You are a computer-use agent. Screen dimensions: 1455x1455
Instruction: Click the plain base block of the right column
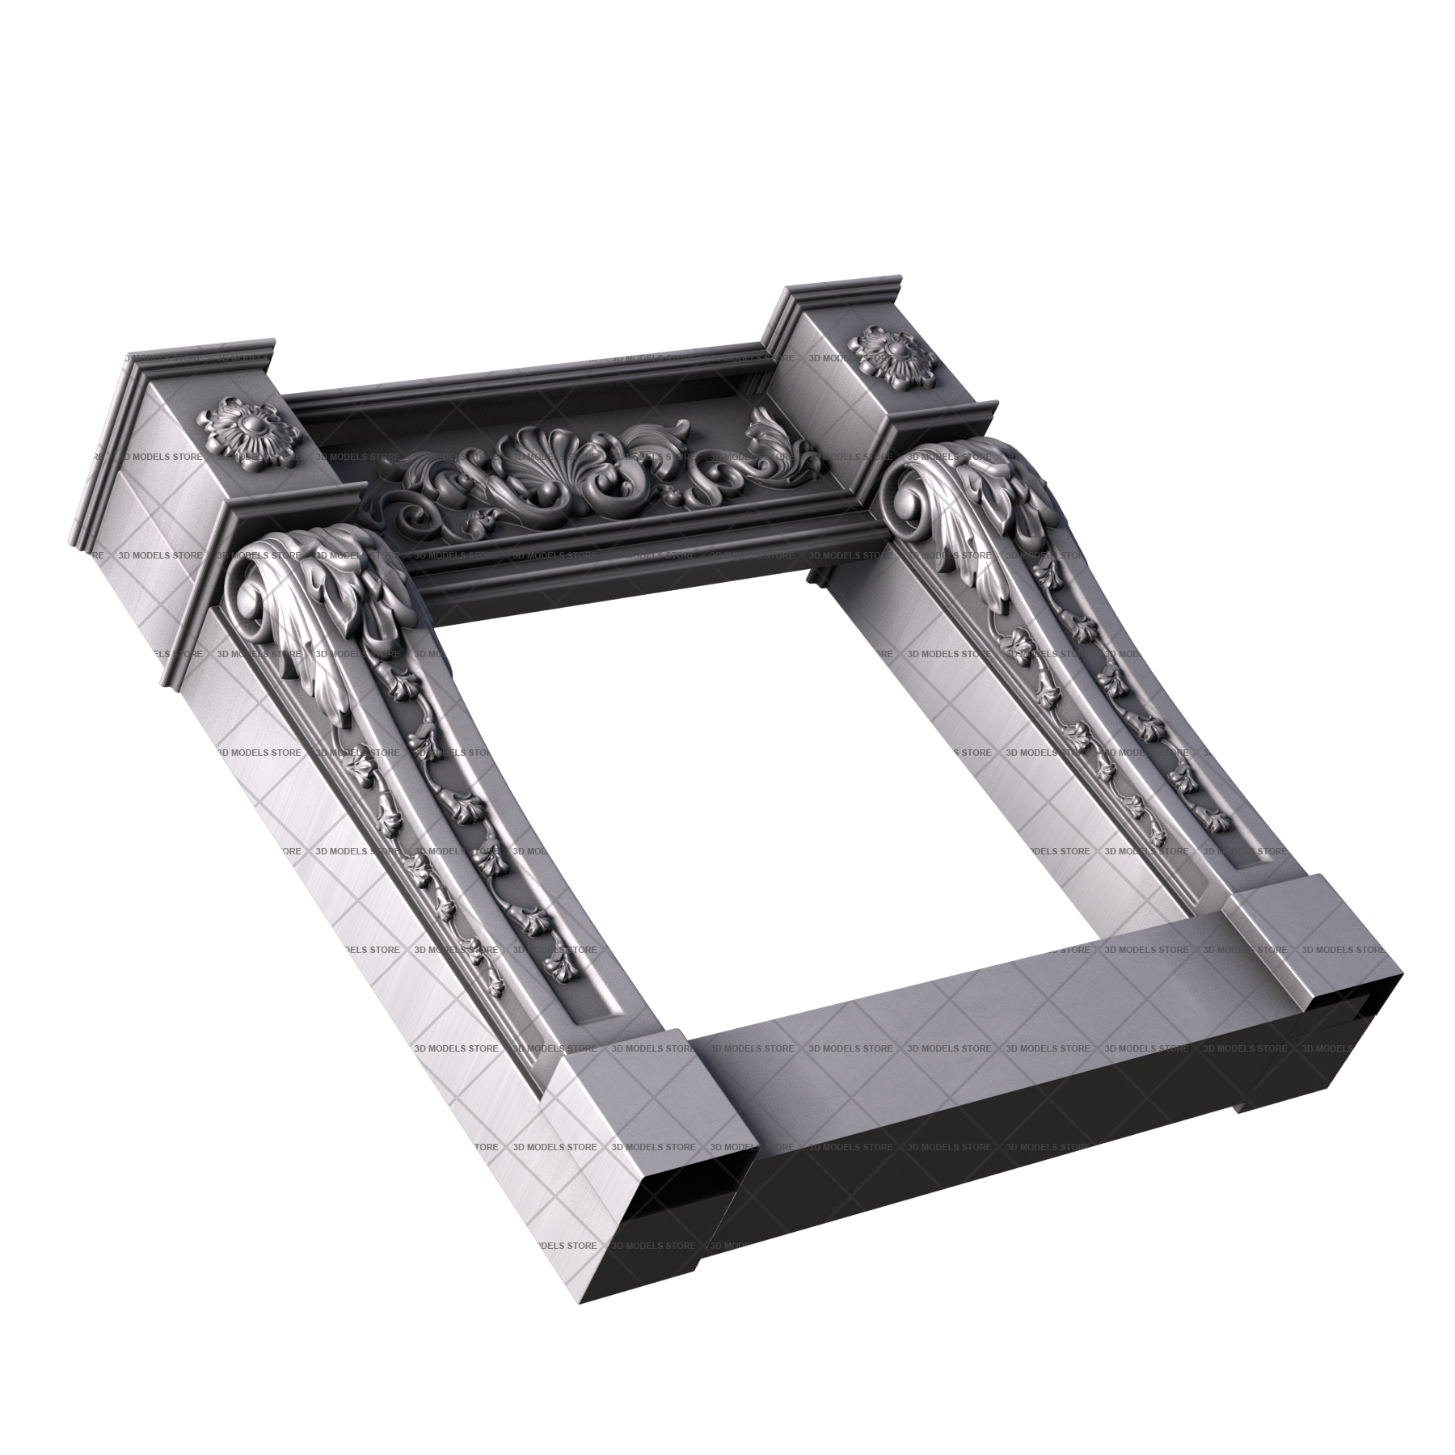(1309, 946)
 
